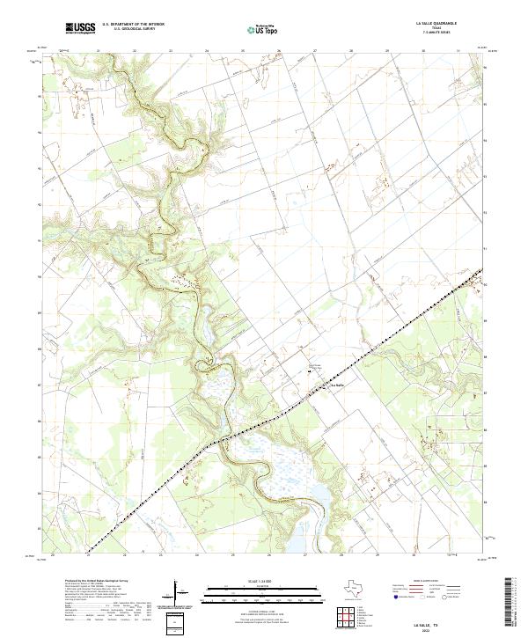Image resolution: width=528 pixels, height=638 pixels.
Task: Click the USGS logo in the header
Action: tap(80, 28)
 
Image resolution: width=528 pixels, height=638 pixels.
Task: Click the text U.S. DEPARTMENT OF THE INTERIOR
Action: tap(133, 25)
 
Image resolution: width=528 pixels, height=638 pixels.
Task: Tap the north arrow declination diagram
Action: tap(178, 593)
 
